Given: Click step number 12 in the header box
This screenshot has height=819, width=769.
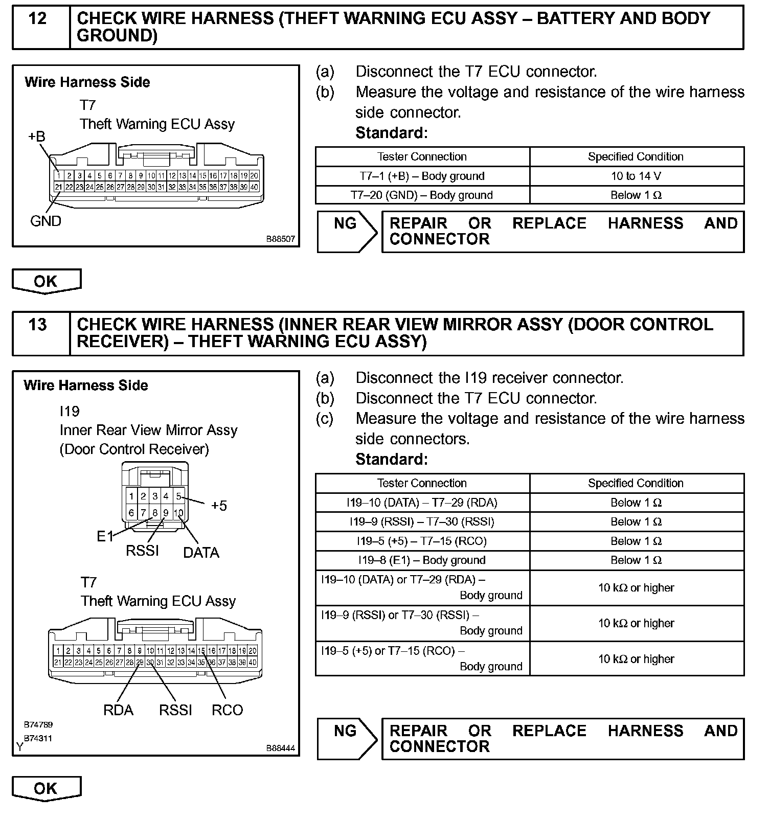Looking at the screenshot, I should [38, 19].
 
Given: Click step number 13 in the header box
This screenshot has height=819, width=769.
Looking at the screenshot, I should [38, 325].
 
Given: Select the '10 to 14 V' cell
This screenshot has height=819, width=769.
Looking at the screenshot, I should [636, 176].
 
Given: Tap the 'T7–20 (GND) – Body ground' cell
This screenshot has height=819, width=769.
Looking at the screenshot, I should [422, 195].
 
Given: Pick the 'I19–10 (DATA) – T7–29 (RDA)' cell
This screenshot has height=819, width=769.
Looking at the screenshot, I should [422, 503].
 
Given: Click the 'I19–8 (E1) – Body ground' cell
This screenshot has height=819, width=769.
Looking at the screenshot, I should [422, 560].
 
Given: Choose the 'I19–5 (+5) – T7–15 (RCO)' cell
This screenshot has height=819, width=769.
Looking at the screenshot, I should [422, 541].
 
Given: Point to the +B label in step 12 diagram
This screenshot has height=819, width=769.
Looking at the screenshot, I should [36, 136].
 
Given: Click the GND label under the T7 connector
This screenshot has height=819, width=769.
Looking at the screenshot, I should [46, 221].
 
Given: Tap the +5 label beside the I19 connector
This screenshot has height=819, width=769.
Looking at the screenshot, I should [218, 506].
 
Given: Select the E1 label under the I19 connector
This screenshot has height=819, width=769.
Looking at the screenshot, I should [105, 536].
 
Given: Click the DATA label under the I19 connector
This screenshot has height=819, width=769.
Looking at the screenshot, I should [201, 553].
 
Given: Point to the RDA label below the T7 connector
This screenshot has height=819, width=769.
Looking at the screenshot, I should [118, 710].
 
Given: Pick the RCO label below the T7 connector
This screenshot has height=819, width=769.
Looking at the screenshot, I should [227, 710].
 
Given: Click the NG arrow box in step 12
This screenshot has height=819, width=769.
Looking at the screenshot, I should [347, 232].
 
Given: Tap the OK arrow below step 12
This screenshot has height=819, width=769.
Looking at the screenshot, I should [46, 281].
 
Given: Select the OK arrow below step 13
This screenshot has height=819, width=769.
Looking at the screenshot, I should [46, 788].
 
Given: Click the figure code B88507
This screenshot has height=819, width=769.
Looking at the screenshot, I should [280, 239].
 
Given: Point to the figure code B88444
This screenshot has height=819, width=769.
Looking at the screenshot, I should [280, 748].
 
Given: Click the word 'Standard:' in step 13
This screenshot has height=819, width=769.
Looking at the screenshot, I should [391, 460].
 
